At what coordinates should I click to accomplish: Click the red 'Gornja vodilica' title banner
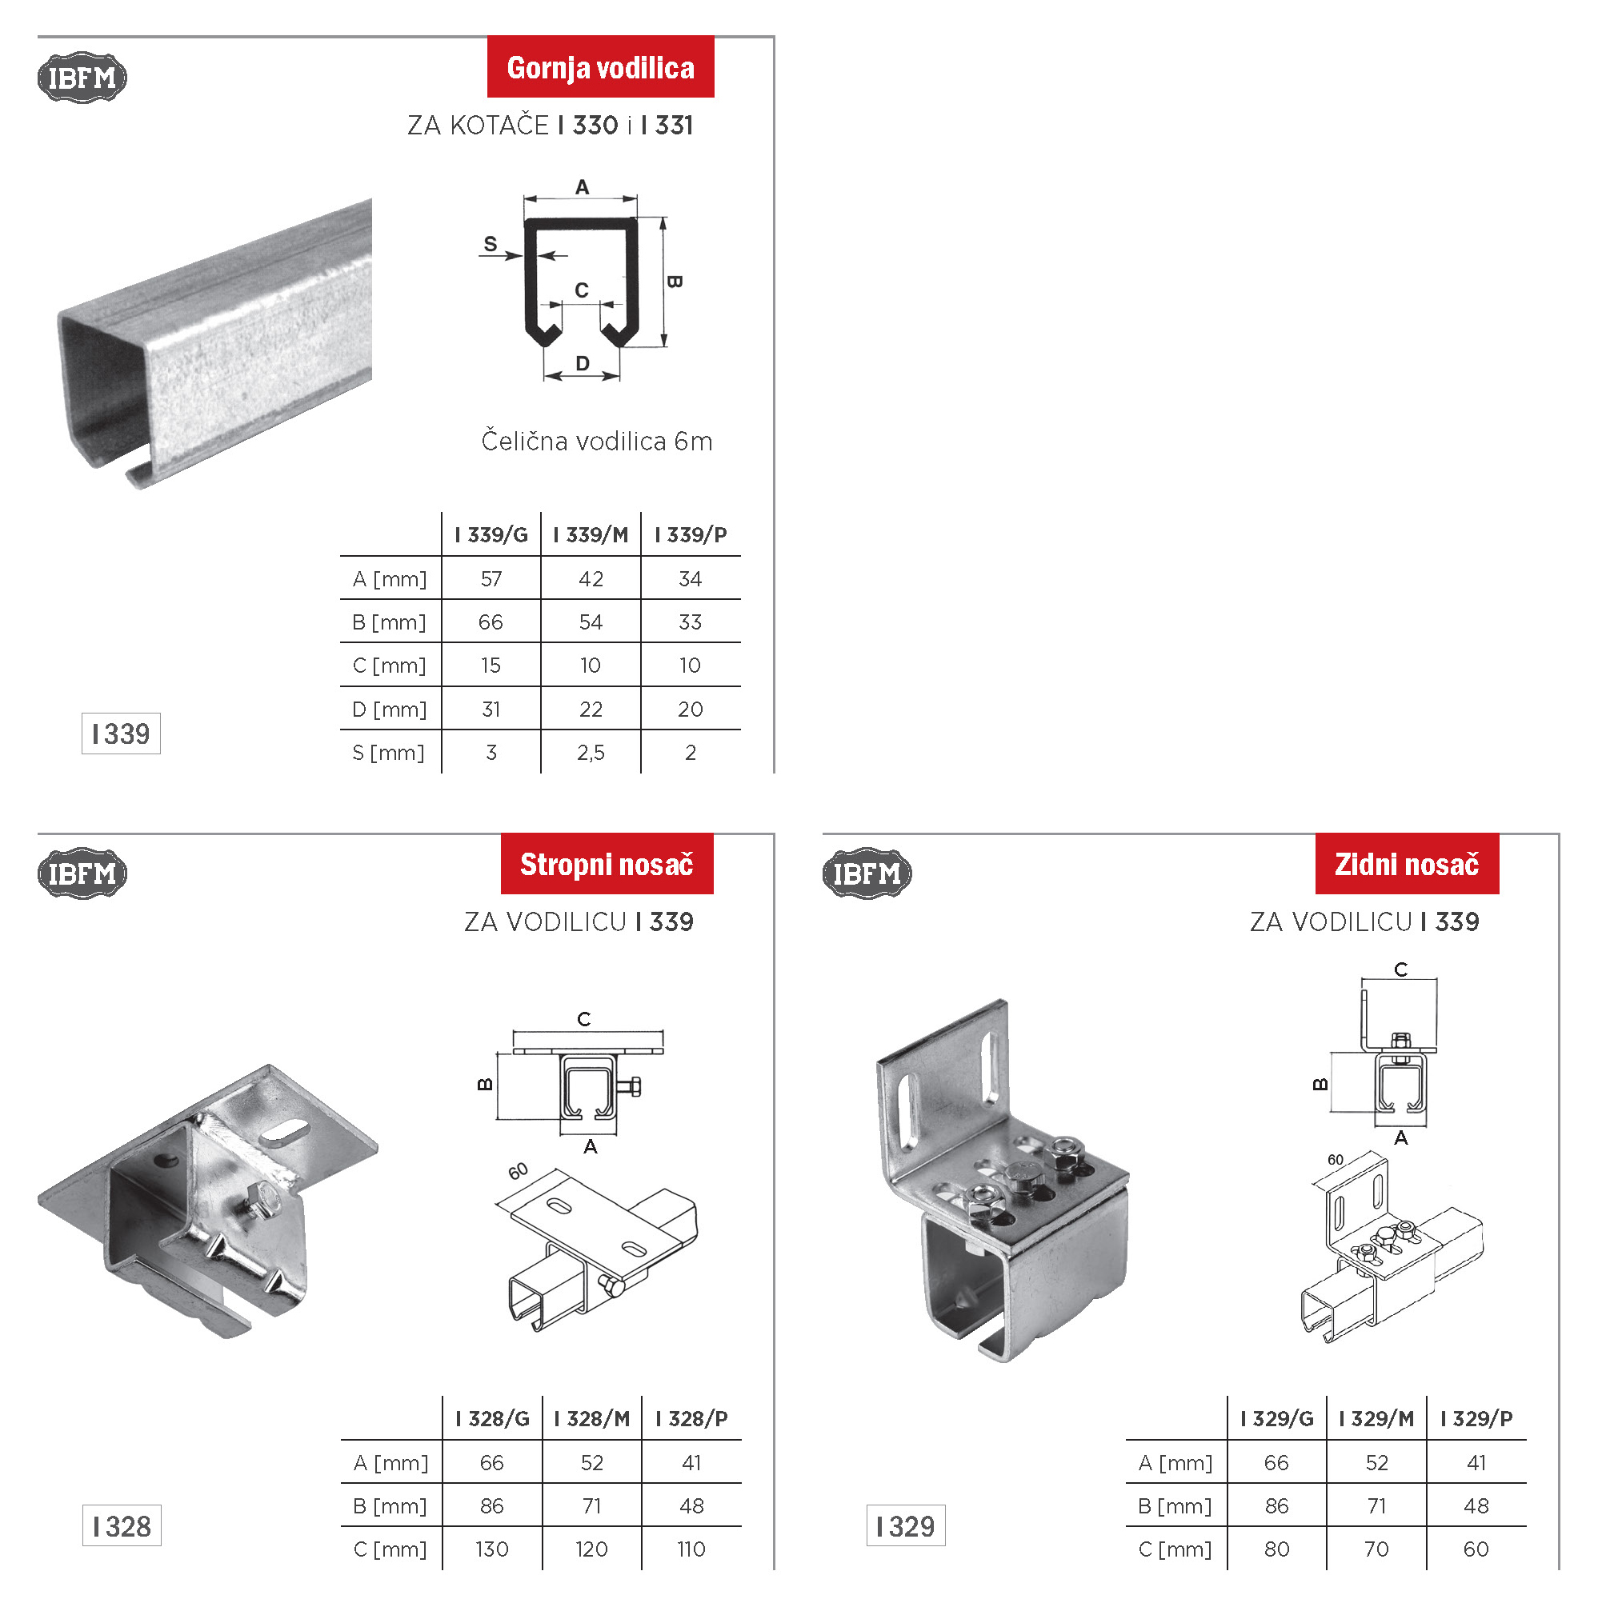coord(599,66)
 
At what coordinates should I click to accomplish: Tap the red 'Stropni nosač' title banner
coord(607,863)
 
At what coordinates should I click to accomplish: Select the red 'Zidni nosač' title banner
coord(1406,863)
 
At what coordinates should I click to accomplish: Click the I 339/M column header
coord(590,534)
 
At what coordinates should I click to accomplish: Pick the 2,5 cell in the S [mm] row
coord(590,753)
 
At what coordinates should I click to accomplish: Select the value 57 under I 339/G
coord(491,578)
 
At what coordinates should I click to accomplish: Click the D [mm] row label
coord(389,710)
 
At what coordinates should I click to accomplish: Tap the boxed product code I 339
coord(121,734)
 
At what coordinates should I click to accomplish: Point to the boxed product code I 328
coord(122,1526)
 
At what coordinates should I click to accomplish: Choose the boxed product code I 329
coord(906,1526)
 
